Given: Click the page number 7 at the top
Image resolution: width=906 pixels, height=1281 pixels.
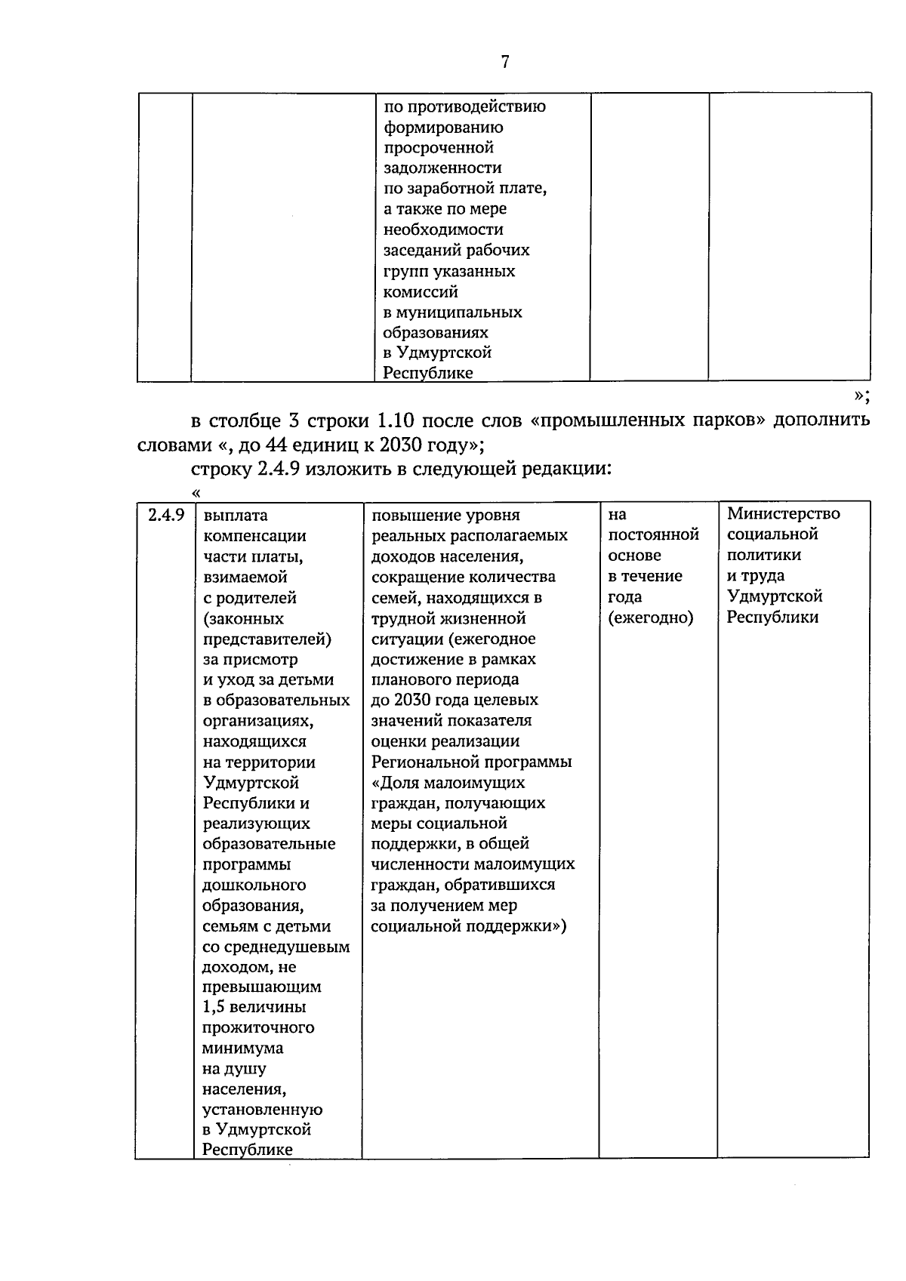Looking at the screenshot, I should (505, 62).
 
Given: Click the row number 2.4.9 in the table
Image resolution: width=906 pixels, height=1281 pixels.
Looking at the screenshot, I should (166, 516).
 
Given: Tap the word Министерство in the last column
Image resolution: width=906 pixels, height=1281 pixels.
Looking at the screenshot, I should (783, 514).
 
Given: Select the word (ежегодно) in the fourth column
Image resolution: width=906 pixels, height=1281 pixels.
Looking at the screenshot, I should (650, 617).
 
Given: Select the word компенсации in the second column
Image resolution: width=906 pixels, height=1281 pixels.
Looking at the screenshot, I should (254, 536).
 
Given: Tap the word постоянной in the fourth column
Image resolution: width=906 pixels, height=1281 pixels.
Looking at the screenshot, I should (653, 535).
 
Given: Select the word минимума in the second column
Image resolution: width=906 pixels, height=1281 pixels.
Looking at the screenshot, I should (242, 1049).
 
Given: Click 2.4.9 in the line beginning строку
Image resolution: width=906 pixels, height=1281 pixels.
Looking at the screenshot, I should (279, 469).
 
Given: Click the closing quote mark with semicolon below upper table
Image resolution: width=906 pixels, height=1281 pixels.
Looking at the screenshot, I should (861, 395).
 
